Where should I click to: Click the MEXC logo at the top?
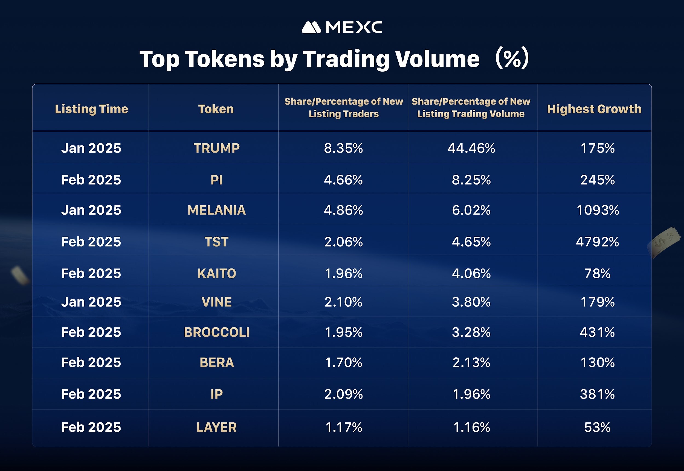pos(342,27)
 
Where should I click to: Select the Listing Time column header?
pos(92,109)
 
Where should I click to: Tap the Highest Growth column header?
pos(594,109)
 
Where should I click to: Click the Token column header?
pos(216,109)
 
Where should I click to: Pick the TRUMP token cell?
pos(216,148)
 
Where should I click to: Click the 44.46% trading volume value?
pos(471,148)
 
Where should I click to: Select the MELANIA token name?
pos(216,210)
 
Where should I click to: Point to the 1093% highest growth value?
pos(598,210)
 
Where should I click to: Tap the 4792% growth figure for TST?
pos(598,242)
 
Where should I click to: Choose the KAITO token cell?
pos(216,273)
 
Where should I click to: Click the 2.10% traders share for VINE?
pos(343,302)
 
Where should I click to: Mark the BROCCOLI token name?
pos(216,332)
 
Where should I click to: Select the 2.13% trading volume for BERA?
pos(471,362)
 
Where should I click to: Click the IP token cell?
pos(216,394)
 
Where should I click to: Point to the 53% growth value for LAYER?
pos(598,427)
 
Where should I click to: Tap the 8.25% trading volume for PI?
pos(471,180)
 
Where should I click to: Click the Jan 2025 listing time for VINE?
pos(91,302)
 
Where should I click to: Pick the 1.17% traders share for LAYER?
pos(343,427)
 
